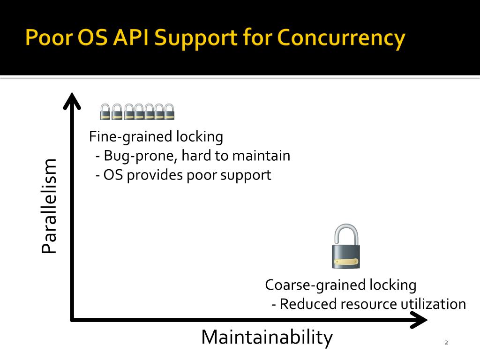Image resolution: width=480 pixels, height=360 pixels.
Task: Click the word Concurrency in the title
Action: [341, 38]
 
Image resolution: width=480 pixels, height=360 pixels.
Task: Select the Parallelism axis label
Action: [49, 206]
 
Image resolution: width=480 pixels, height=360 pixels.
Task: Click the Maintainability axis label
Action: [267, 337]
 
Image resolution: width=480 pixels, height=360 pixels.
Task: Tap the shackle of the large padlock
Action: [346, 234]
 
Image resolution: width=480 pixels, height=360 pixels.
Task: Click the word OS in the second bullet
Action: [114, 175]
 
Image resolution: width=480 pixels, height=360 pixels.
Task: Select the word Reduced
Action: [308, 304]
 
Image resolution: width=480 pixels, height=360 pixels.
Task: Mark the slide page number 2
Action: [446, 343]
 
